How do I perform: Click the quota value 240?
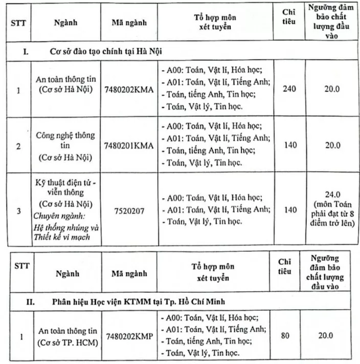click(289, 89)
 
